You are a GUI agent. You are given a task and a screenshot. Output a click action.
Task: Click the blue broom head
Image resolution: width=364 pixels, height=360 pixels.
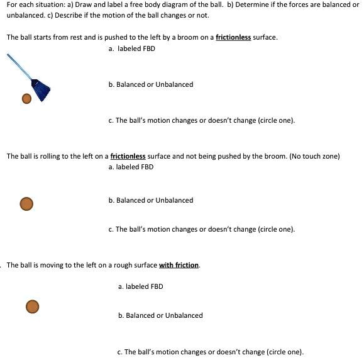(41, 90)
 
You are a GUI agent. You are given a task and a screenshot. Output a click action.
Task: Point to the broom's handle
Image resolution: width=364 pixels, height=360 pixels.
(20, 67)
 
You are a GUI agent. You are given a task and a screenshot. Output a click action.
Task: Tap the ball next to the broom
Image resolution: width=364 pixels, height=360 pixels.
(26, 98)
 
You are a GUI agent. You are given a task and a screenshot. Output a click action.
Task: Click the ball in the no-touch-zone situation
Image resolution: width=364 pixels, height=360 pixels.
(26, 203)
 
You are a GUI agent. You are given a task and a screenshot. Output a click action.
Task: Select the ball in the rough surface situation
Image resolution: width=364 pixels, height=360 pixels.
(33, 306)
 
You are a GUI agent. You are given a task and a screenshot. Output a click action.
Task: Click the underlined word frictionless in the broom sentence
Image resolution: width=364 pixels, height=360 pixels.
(233, 37)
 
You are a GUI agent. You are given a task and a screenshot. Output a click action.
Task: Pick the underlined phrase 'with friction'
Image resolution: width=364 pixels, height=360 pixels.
(179, 265)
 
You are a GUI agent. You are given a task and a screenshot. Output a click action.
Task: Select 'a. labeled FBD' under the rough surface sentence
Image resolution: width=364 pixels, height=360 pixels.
(140, 286)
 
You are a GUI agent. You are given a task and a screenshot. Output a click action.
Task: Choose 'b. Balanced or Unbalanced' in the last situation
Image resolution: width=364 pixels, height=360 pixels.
(160, 315)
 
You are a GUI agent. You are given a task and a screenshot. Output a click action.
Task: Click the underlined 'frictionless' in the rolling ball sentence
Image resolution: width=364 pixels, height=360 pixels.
(128, 156)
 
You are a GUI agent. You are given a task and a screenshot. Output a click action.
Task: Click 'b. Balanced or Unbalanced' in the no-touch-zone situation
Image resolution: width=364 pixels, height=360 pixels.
(151, 200)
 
